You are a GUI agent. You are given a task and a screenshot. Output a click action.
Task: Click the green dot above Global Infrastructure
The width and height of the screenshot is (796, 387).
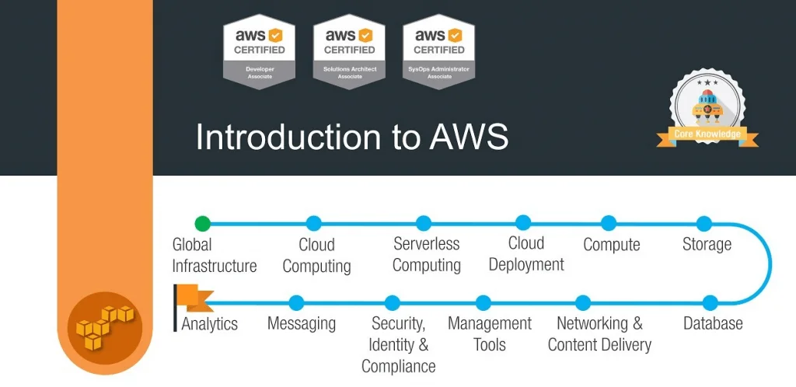point(202,224)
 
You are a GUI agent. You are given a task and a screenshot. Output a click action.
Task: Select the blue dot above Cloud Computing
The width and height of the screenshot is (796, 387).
point(313,224)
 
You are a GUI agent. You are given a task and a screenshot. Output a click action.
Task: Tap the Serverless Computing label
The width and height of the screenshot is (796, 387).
point(426,254)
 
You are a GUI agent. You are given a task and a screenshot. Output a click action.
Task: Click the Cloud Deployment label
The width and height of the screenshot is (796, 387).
point(526,254)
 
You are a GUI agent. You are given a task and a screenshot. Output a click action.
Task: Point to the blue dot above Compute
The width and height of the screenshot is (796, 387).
point(609,224)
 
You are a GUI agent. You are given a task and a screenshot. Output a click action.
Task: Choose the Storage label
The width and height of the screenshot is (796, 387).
point(707,244)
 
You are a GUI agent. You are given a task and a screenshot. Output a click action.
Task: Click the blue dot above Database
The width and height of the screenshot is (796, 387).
point(710,302)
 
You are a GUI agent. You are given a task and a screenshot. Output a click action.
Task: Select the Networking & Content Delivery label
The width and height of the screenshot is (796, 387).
point(599,334)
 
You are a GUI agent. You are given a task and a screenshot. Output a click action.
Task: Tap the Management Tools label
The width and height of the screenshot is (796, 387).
point(490,334)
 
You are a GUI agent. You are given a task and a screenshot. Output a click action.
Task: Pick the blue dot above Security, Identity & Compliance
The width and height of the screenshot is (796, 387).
point(392,302)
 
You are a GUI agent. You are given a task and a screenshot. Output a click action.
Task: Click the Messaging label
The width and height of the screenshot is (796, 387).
point(302,324)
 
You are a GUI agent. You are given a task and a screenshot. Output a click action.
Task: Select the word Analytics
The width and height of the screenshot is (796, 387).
point(210,324)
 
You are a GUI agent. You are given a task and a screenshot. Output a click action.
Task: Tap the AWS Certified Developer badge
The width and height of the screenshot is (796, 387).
point(260,51)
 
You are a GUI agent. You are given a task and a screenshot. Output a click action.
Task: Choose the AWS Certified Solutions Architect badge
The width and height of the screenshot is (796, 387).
point(350,51)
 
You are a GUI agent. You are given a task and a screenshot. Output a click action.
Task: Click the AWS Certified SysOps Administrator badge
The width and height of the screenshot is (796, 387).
point(439,51)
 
